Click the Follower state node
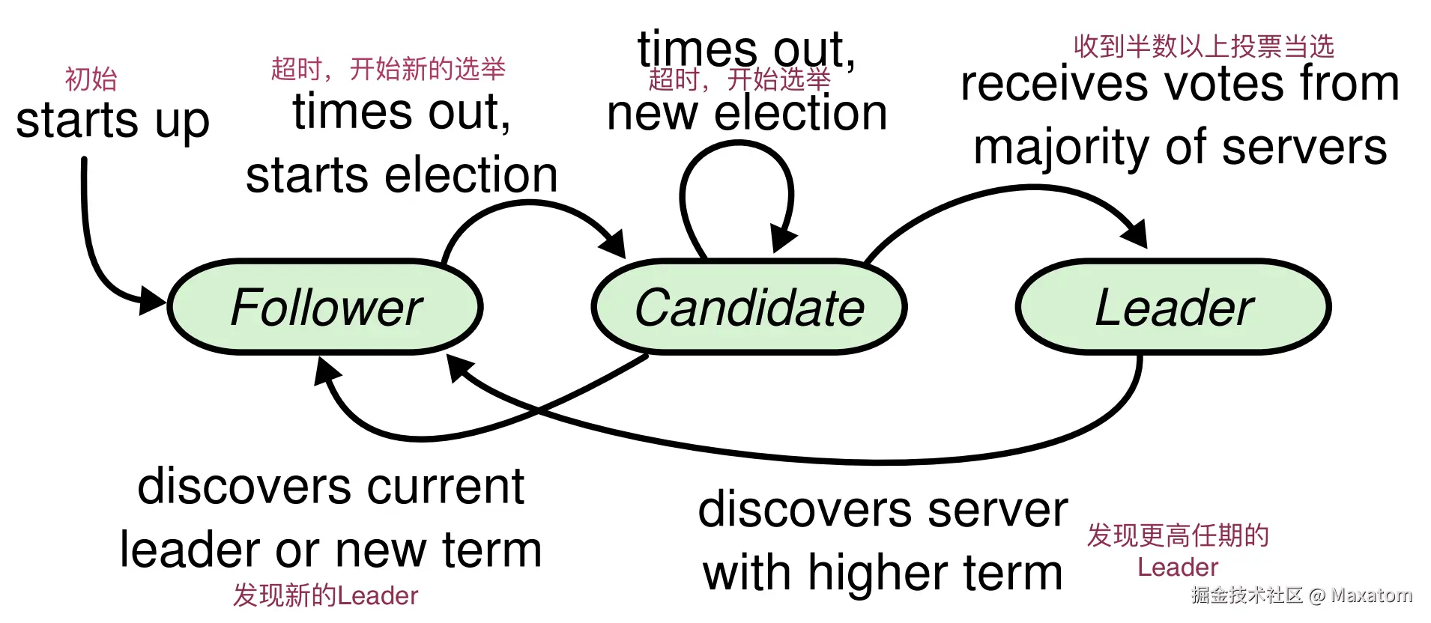coord(325,307)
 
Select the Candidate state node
coord(749,307)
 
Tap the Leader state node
coord(1173,307)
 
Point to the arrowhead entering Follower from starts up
coord(153,301)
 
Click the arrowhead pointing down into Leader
coord(1136,234)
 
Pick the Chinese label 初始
coord(91,79)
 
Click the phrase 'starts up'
coord(112,121)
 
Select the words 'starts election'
coord(402,175)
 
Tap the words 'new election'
coord(747,114)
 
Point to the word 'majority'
coord(1061,148)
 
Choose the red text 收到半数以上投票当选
coord(1203,46)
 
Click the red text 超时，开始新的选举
coord(388,69)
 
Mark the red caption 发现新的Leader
coord(325,595)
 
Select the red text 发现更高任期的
coord(1178,535)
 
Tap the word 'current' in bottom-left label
coord(446,487)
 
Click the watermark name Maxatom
coord(1371,595)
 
